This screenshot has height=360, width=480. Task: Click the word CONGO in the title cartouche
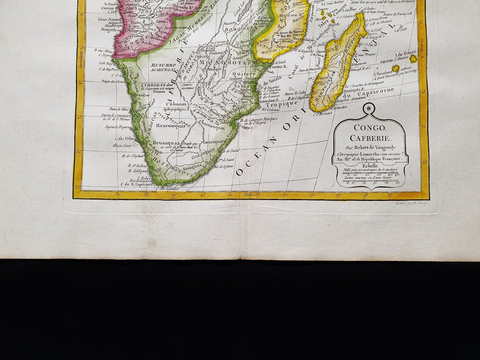369,127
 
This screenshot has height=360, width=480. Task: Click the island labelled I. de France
413,59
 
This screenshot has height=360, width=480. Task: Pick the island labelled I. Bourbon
395,69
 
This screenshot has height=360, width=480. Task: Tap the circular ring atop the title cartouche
369,109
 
